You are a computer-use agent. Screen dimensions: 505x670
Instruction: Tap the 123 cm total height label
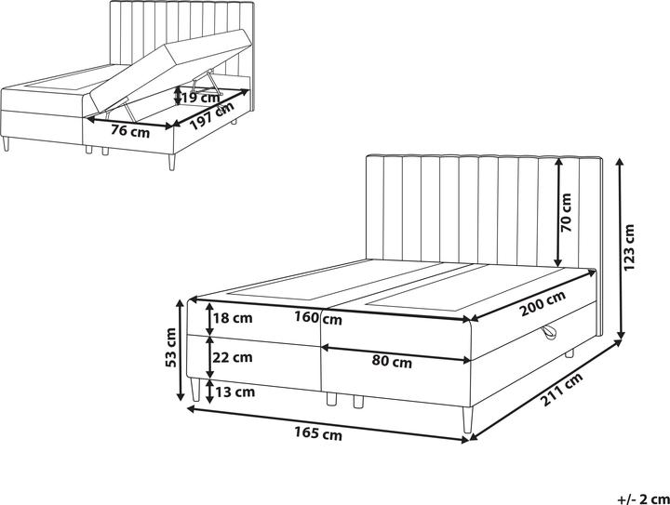(629, 249)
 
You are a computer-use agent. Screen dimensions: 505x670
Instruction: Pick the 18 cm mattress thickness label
(232, 319)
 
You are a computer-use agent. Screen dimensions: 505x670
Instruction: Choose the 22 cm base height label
(232, 356)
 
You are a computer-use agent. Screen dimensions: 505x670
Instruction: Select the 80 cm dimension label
(392, 362)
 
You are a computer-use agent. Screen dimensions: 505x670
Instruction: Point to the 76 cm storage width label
(129, 131)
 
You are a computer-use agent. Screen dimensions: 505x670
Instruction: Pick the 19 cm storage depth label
(200, 96)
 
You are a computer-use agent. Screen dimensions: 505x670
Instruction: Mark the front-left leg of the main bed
(194, 391)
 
